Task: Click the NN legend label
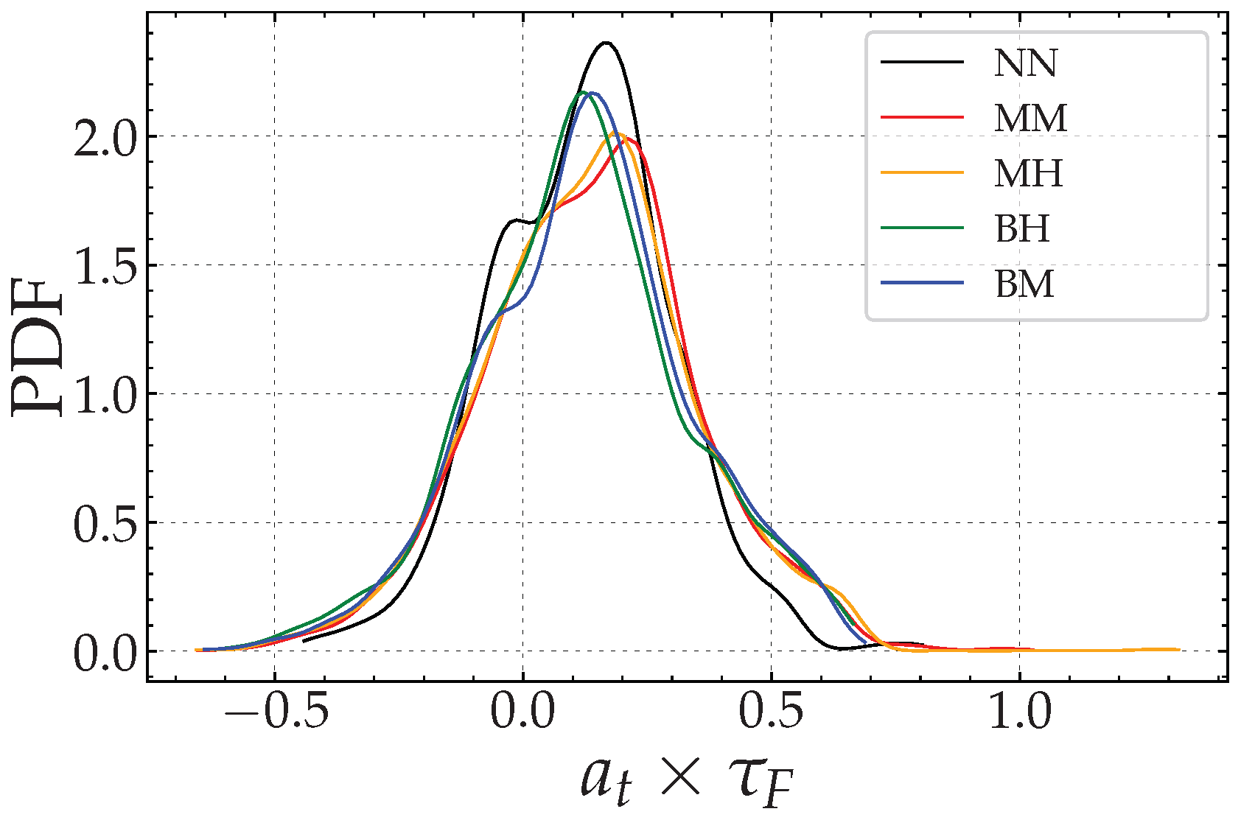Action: (1025, 63)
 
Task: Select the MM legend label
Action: (1030, 119)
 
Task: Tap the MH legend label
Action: (1029, 174)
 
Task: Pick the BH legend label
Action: (1022, 229)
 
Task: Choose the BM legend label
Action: (1024, 284)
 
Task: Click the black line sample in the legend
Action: (923, 62)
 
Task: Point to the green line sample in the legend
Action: (923, 228)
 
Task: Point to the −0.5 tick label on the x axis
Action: (276, 712)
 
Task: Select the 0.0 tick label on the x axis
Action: (523, 712)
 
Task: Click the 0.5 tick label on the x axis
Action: (772, 712)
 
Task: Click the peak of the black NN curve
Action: (606, 43)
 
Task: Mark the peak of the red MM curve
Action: (628, 138)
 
